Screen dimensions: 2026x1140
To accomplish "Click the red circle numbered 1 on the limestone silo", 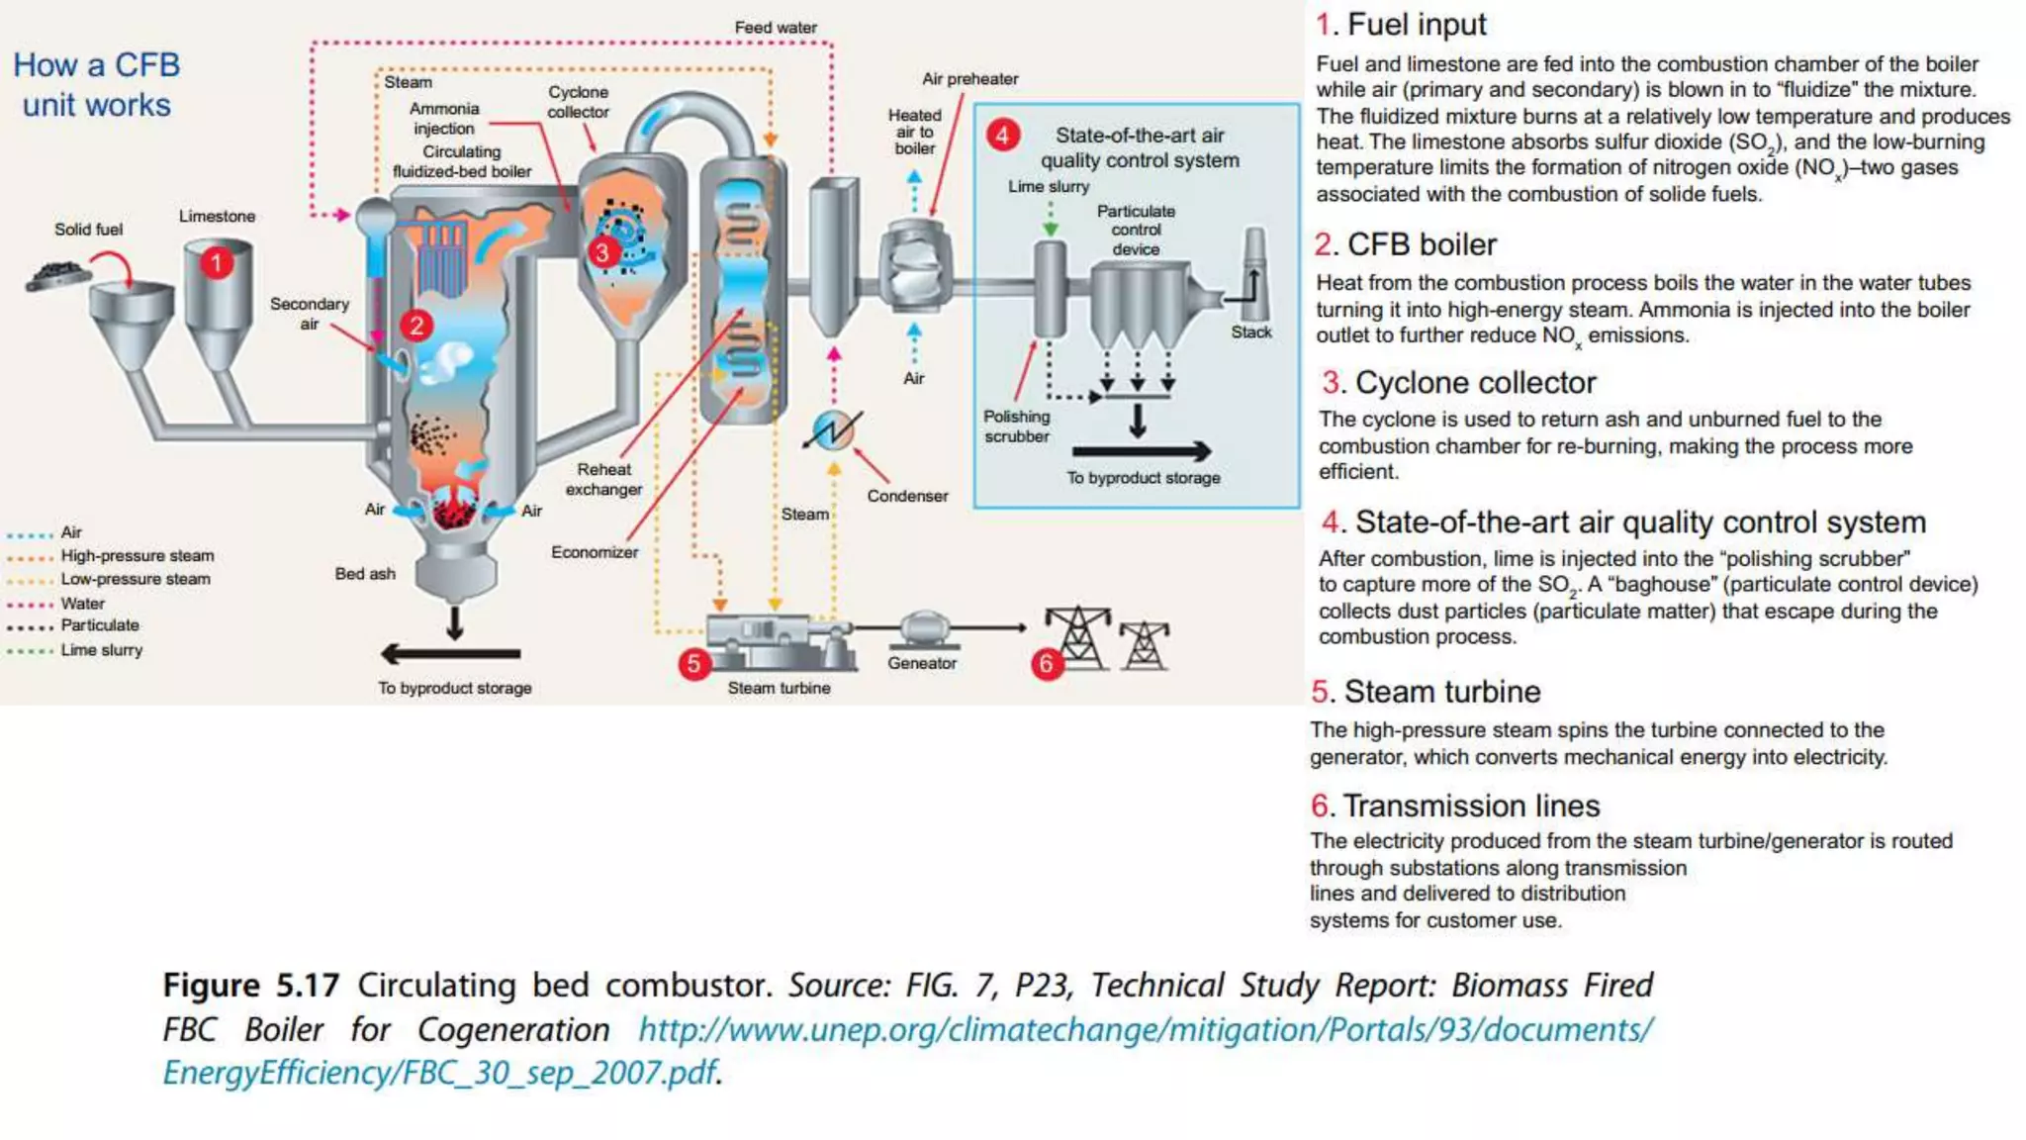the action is pos(217,263).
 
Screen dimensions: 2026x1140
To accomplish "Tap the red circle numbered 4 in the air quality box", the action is pos(1002,135).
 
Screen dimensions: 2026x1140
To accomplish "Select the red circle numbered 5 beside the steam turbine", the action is pos(693,663).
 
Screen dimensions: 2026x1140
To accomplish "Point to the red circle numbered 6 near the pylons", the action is pos(1046,663).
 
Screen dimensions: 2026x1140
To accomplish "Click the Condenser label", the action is pos(907,496).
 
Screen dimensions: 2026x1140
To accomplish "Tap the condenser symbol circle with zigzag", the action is pos(834,429).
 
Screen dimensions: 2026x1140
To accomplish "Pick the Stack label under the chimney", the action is pos(1250,332).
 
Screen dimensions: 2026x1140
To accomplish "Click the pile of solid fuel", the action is pos(57,274).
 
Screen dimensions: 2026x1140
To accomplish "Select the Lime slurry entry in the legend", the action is pos(101,650).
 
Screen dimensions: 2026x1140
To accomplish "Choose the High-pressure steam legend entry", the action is pos(137,556).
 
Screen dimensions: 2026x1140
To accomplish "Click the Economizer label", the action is pos(595,552).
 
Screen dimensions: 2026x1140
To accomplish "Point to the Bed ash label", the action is pos(364,574).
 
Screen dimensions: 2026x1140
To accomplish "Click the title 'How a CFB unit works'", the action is pos(96,85).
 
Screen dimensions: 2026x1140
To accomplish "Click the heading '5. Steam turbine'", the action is pos(1426,692).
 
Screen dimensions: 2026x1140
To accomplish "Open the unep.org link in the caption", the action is pos(1145,1030).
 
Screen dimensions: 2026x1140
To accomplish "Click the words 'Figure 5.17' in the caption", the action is pos(250,986).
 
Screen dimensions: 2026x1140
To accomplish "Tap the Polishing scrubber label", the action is pos(1016,427).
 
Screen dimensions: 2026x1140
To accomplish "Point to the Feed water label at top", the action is pos(776,28).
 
